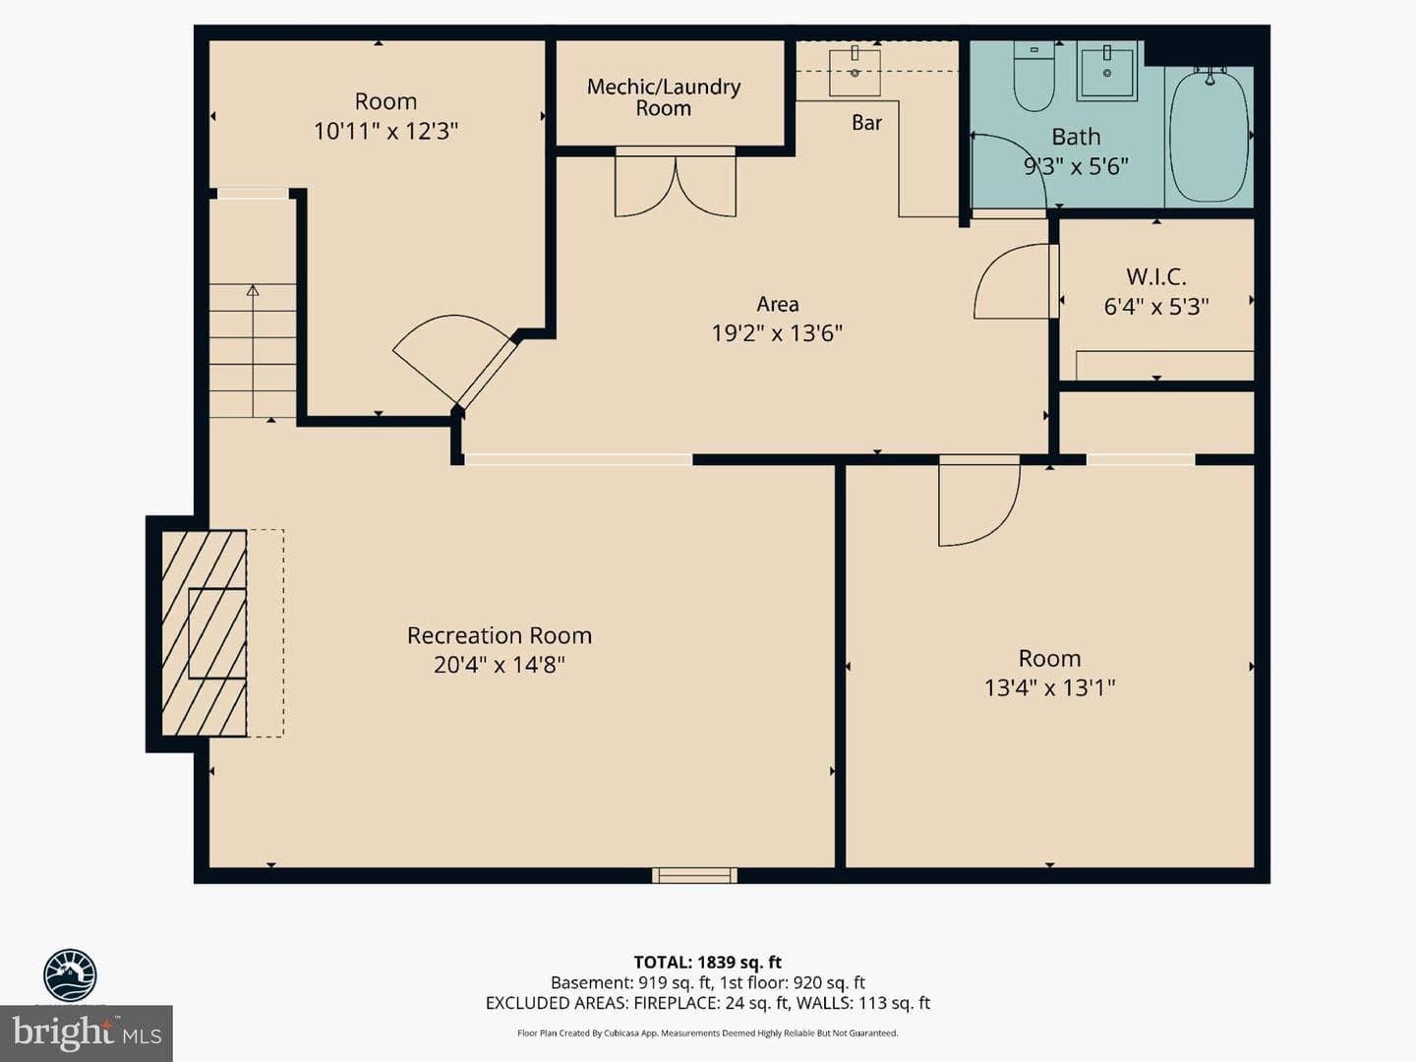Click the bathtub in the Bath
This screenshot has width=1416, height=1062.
pyautogui.click(x=1209, y=134)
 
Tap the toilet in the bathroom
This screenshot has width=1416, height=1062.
pyautogui.click(x=1034, y=76)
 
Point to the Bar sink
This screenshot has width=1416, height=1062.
pyautogui.click(x=855, y=71)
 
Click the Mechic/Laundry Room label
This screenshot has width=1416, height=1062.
pyautogui.click(x=664, y=97)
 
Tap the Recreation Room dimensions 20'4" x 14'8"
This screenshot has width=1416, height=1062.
pyautogui.click(x=500, y=664)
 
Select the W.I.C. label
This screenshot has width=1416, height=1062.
pyautogui.click(x=1156, y=276)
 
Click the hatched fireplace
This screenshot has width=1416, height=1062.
pyautogui.click(x=204, y=632)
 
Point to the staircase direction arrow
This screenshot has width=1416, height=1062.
pyautogui.click(x=253, y=351)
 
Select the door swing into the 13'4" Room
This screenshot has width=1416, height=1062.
pyautogui.click(x=979, y=502)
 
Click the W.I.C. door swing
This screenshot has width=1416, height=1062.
pyautogui.click(x=1016, y=281)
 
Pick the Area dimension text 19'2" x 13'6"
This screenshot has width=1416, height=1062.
pyautogui.click(x=777, y=333)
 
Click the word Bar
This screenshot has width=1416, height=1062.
pyautogui.click(x=866, y=123)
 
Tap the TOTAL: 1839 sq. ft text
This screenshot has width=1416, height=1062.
pyautogui.click(x=708, y=963)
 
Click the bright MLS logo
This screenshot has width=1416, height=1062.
pyautogui.click(x=87, y=1032)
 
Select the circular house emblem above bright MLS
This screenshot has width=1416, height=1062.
pyautogui.click(x=71, y=975)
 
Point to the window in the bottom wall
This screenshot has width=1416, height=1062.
pyautogui.click(x=694, y=875)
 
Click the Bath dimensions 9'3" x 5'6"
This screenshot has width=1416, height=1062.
pyautogui.click(x=1076, y=167)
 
